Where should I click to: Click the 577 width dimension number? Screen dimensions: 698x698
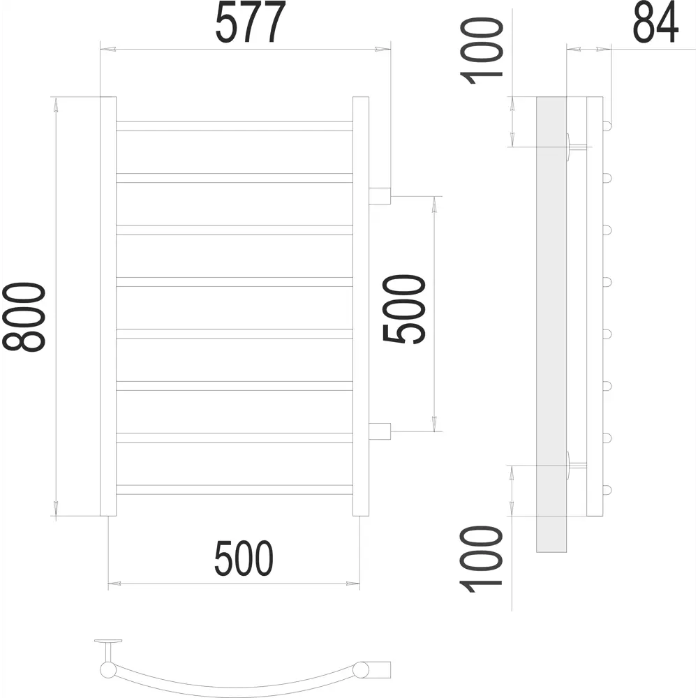(250, 22)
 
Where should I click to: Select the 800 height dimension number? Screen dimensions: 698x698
(24, 317)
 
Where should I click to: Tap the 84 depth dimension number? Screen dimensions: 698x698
(655, 22)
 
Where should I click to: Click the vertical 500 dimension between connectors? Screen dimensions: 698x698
(404, 309)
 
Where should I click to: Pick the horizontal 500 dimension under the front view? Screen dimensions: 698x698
(244, 558)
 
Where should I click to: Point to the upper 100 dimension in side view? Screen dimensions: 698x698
(482, 51)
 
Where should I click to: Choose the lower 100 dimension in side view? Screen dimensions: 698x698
(482, 559)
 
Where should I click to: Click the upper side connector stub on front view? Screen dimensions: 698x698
(380, 196)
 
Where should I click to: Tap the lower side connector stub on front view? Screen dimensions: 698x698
(380, 431)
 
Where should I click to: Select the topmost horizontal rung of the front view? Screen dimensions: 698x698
(235, 126)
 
